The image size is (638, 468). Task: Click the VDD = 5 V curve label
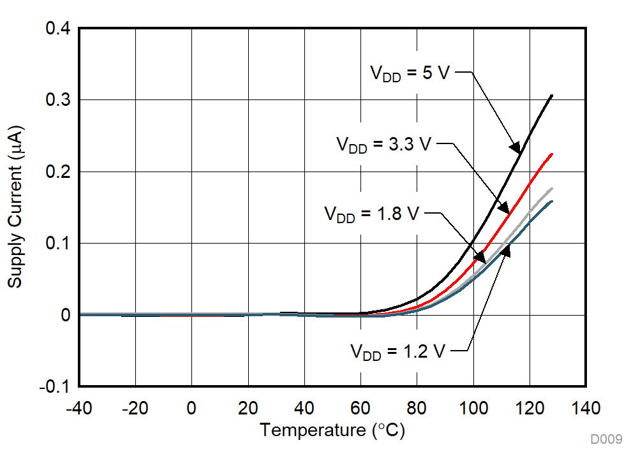(x=410, y=73)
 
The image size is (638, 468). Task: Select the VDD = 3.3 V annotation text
(x=384, y=144)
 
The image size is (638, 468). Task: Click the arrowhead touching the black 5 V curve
(x=515, y=147)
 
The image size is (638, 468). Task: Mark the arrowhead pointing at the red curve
(x=503, y=208)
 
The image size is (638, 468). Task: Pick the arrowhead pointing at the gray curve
(x=479, y=258)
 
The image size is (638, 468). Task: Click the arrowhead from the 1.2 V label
(x=506, y=252)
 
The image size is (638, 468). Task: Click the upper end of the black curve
(x=552, y=95)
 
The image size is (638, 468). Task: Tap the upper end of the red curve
(x=552, y=154)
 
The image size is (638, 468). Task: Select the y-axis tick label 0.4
(x=57, y=29)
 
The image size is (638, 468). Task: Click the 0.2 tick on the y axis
(x=57, y=172)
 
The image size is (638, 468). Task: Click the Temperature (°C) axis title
(x=332, y=431)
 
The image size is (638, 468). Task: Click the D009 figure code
(x=605, y=439)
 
